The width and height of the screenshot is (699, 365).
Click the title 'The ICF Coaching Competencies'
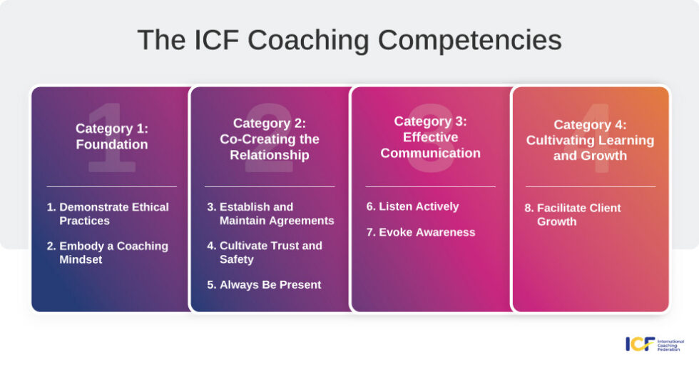coord(349,40)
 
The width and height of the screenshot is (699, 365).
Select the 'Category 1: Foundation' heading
coord(111,136)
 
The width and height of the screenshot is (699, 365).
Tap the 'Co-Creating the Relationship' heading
coord(270,139)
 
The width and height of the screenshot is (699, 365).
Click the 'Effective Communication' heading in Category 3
coord(430,137)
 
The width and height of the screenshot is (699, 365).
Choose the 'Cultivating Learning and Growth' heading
coord(590,140)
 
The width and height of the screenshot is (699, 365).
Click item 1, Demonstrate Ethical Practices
coord(108,214)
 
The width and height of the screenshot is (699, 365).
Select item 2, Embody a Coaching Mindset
coord(108,253)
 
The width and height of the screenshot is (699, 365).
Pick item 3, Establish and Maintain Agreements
coord(270,214)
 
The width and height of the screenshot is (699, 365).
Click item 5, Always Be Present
coord(264,285)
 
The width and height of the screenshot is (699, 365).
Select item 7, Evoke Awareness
coord(420,232)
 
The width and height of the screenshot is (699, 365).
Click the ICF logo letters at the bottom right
coord(640,344)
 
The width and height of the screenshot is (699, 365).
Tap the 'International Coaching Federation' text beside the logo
coord(670,344)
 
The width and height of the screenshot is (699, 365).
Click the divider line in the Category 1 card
coord(111,187)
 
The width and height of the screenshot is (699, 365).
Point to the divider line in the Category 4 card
coord(590,187)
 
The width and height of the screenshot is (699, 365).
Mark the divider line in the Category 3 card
coord(430,187)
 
